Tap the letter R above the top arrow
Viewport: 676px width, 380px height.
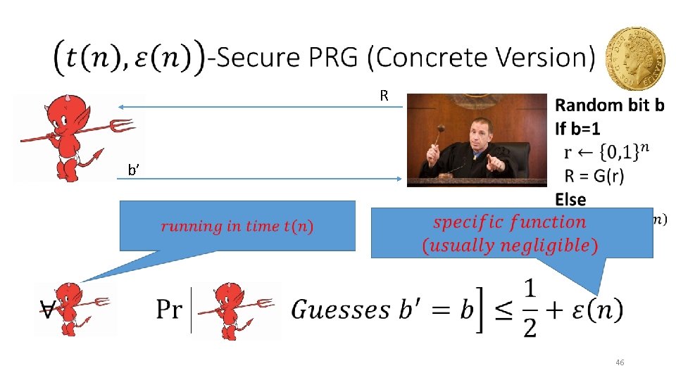click(x=384, y=95)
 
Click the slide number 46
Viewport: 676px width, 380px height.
click(x=620, y=362)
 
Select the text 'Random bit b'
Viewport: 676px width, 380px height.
click(x=609, y=106)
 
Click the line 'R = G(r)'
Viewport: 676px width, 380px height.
click(x=594, y=175)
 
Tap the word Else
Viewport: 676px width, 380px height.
click(x=570, y=199)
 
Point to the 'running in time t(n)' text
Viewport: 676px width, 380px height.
click(x=237, y=226)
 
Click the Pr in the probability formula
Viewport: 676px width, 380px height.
click(x=169, y=309)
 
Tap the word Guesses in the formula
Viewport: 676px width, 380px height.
click(x=341, y=309)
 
